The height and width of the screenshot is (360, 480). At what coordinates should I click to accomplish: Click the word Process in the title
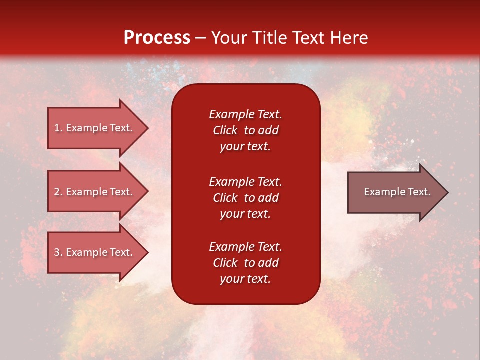coord(157,38)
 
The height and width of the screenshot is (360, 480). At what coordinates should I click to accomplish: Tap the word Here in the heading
coord(349,38)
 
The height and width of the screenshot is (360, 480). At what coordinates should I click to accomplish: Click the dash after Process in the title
coord(200,38)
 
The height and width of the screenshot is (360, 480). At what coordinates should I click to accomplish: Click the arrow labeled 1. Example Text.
coord(98,128)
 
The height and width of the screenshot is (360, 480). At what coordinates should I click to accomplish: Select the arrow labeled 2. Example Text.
coord(98,191)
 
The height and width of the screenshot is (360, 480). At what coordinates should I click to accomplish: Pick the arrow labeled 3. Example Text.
coord(98,252)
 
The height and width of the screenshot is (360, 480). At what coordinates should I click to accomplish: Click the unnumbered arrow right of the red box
coord(398,192)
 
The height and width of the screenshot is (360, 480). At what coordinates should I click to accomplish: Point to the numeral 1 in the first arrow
coord(57,128)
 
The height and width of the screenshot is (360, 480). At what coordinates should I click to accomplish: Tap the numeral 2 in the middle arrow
coord(57,192)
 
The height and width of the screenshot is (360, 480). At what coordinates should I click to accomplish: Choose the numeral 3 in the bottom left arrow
coord(57,252)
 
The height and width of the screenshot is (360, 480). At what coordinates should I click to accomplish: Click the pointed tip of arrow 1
coord(148,128)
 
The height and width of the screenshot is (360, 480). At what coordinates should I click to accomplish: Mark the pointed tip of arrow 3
coord(148,253)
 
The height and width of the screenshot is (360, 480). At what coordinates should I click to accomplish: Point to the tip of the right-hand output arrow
coord(448,192)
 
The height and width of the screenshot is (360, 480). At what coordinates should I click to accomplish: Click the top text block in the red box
coord(245,130)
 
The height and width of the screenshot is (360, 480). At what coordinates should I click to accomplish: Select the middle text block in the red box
coord(245,198)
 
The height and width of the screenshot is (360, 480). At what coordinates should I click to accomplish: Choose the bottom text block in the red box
coord(245,263)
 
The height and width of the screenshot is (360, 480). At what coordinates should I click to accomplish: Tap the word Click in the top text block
coord(225,130)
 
